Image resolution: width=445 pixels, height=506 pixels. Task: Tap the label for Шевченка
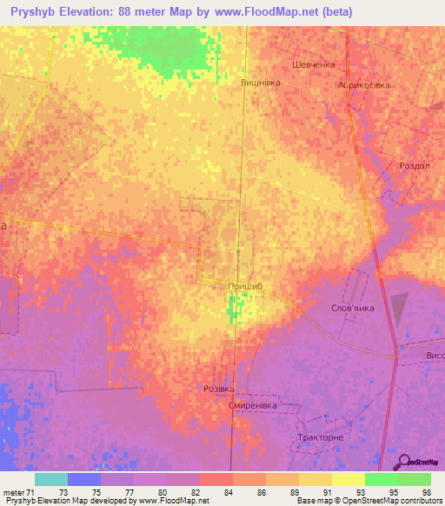click(314, 64)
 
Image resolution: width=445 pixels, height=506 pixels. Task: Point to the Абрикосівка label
click(364, 85)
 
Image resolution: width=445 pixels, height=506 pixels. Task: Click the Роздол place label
click(414, 165)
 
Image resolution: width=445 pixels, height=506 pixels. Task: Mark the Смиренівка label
click(252, 406)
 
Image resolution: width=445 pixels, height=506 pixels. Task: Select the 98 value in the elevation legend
click(426, 492)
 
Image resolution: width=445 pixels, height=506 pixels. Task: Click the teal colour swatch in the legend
click(50, 479)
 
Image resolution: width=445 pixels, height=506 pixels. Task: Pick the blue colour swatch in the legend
click(83, 479)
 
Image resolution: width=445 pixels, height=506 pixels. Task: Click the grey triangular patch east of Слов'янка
click(399, 309)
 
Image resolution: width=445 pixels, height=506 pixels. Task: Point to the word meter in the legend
click(11, 492)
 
